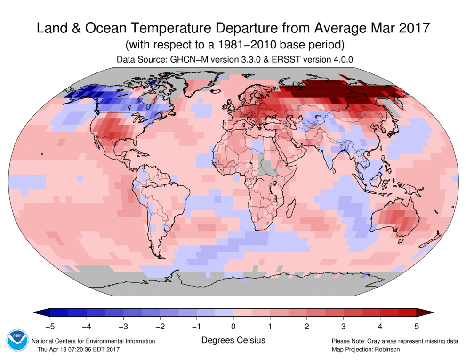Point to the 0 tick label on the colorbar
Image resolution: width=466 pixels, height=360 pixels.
pos(233,326)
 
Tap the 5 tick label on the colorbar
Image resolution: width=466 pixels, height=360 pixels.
pos(416,326)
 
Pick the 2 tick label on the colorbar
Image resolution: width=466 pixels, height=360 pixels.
pos(306,326)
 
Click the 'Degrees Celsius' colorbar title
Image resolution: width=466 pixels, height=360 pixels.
pos(233,340)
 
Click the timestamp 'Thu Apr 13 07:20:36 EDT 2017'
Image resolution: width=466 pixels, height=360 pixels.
pos(78,349)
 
